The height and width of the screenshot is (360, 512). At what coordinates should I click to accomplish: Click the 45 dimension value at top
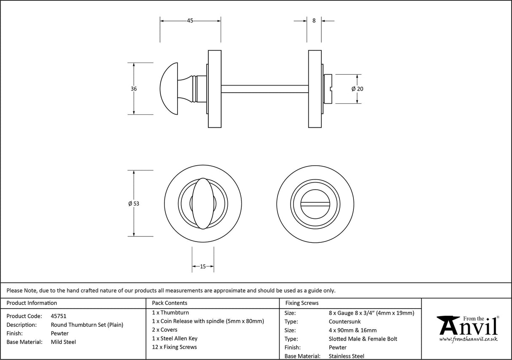190,21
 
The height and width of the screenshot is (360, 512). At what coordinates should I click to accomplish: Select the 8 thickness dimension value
314,20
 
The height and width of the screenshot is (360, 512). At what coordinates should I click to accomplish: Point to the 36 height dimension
134,89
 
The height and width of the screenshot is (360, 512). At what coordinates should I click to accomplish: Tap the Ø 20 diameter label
357,89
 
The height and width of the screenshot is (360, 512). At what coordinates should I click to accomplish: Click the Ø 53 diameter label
134,203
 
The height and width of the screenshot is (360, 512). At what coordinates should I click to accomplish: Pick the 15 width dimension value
203,266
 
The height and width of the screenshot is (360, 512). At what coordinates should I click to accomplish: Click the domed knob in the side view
170,89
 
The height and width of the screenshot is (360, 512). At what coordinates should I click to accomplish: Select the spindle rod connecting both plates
264,89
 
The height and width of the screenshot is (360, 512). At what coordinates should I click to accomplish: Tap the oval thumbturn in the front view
203,203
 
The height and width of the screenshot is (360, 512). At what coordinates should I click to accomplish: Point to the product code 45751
58,316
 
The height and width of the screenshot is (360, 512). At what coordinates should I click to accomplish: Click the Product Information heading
32,303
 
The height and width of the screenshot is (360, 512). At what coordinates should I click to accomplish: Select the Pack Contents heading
170,303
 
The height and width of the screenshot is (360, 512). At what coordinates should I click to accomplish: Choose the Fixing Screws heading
302,303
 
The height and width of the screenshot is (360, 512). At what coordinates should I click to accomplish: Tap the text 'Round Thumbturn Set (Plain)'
87,325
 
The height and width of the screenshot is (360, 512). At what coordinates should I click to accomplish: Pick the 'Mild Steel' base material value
63,342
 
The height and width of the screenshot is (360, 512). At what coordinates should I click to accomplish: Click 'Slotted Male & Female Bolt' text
363,339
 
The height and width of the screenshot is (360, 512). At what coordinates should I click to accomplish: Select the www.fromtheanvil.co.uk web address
468,339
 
